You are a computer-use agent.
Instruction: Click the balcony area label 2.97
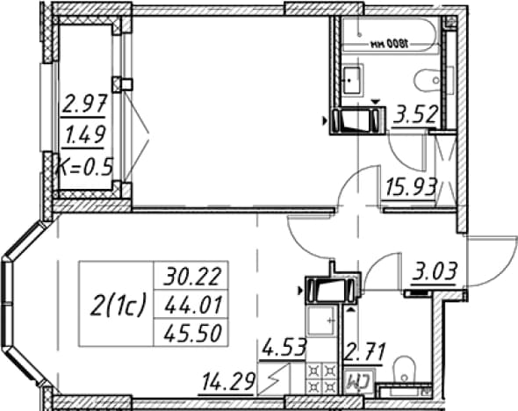(83, 103)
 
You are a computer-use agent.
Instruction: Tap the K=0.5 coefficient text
(85, 167)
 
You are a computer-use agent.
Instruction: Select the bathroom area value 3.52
(415, 115)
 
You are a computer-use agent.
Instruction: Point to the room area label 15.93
(412, 187)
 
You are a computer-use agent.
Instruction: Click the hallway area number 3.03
(434, 272)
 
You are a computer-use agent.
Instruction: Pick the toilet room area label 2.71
(364, 352)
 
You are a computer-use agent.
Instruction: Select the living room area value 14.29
(228, 382)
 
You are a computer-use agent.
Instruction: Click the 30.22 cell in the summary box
(191, 277)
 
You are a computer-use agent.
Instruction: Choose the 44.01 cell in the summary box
(191, 305)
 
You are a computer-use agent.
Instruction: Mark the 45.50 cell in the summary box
(191, 333)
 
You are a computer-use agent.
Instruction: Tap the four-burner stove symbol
(322, 379)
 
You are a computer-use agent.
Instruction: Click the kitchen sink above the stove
(322, 321)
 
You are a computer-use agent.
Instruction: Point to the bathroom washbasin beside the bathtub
(353, 80)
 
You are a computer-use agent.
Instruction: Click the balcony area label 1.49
(85, 135)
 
